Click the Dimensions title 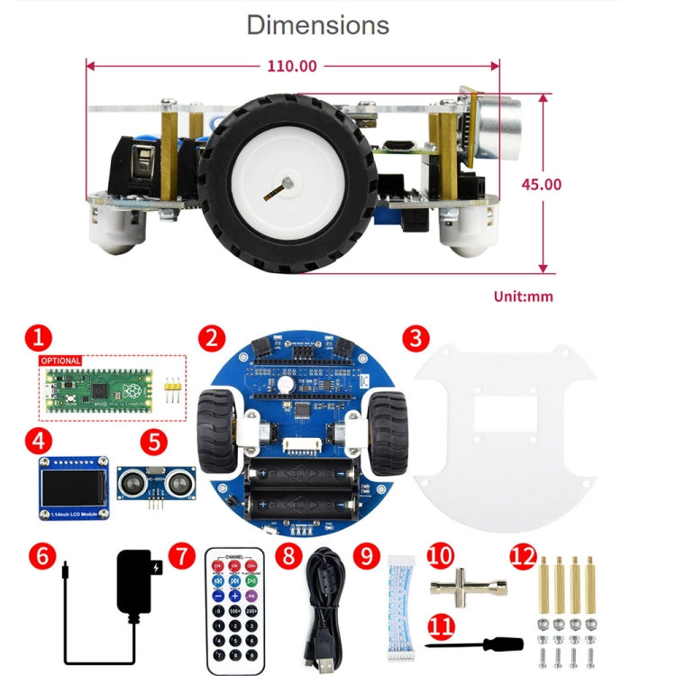click(x=318, y=25)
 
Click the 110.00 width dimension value click(x=293, y=66)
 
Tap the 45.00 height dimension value click(x=541, y=184)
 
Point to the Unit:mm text click(x=523, y=296)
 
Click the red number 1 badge click(x=37, y=339)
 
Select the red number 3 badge click(x=414, y=339)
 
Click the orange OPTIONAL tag click(x=59, y=361)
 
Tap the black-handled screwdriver click(x=473, y=644)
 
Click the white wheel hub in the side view click(x=282, y=185)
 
